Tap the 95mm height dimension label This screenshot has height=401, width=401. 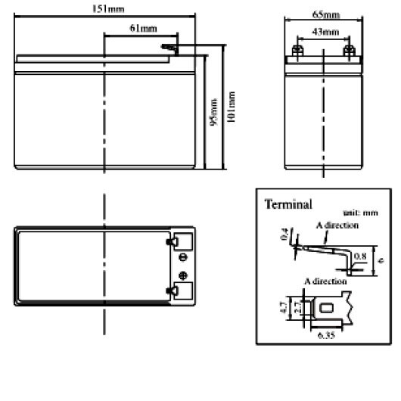pyautogui.click(x=214, y=111)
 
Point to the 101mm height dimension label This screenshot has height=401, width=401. pyautogui.click(x=232, y=108)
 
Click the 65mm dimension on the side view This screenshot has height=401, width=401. pyautogui.click(x=327, y=14)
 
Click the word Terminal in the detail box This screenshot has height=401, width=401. pyautogui.click(x=288, y=204)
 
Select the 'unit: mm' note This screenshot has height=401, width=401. pyautogui.click(x=359, y=213)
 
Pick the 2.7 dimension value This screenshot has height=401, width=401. pyautogui.click(x=297, y=309)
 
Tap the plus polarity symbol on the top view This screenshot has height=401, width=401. pyautogui.click(x=182, y=274)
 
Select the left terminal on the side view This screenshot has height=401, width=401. pyautogui.click(x=297, y=51)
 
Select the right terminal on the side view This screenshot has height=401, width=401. pyautogui.click(x=349, y=51)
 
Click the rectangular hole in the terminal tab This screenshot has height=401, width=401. pyautogui.click(x=326, y=308)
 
